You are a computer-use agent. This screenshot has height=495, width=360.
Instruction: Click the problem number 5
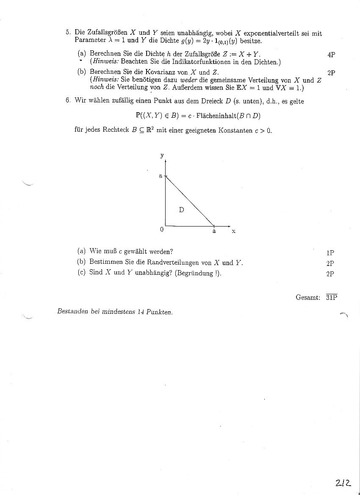(x=67, y=32)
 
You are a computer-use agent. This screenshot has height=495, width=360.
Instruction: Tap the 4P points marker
(x=331, y=55)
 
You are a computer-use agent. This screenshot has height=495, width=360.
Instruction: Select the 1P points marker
(x=330, y=253)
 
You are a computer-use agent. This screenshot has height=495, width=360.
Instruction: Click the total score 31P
(x=332, y=297)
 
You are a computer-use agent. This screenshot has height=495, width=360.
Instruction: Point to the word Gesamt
(x=307, y=297)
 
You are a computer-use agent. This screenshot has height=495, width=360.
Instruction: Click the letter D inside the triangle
(x=181, y=209)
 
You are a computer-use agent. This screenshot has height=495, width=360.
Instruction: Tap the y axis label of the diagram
(x=162, y=155)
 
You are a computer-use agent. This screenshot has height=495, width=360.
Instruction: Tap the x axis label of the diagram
(x=233, y=231)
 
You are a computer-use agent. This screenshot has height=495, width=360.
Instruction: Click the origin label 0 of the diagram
(x=162, y=230)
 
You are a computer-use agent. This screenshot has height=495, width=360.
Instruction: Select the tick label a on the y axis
(x=161, y=175)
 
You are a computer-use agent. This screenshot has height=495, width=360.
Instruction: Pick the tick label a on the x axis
(x=214, y=231)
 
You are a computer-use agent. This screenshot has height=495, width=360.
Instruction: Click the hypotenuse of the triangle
(x=189, y=201)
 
